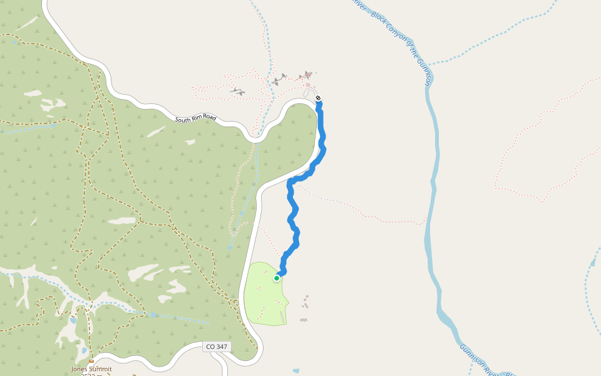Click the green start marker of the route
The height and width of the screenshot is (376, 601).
pos(276,278)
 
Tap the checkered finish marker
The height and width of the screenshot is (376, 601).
pos(318,98)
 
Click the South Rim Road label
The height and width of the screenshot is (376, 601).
pos(195,119)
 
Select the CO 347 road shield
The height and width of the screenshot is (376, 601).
pos(217,347)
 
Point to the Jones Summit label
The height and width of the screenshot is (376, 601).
pos(91,369)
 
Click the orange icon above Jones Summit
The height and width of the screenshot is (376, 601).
pos(91,362)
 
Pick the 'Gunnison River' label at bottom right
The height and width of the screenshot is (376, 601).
pos(479,361)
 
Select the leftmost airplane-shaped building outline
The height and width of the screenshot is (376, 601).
pos(237,91)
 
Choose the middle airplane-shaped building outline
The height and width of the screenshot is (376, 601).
pos(279,80)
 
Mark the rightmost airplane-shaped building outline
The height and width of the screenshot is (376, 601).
pos(306,76)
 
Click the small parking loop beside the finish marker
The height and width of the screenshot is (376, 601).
pos(309,93)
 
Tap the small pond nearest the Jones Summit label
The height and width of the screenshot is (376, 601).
pos(84,351)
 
